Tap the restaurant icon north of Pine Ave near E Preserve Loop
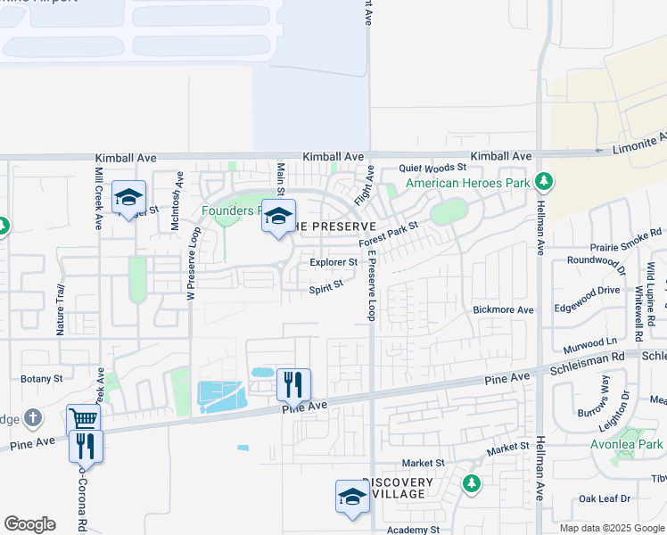[x=293, y=384]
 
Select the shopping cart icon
[x=83, y=420]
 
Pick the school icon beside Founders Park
[x=278, y=216]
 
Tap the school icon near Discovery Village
[x=352, y=497]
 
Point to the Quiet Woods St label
[x=432, y=167]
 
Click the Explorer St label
[x=333, y=262]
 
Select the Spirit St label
[x=326, y=289]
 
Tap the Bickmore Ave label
[x=503, y=309]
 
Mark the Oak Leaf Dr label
[x=605, y=498]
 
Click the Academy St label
[x=413, y=529]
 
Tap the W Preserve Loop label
[x=191, y=265]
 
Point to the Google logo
[x=29, y=524]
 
